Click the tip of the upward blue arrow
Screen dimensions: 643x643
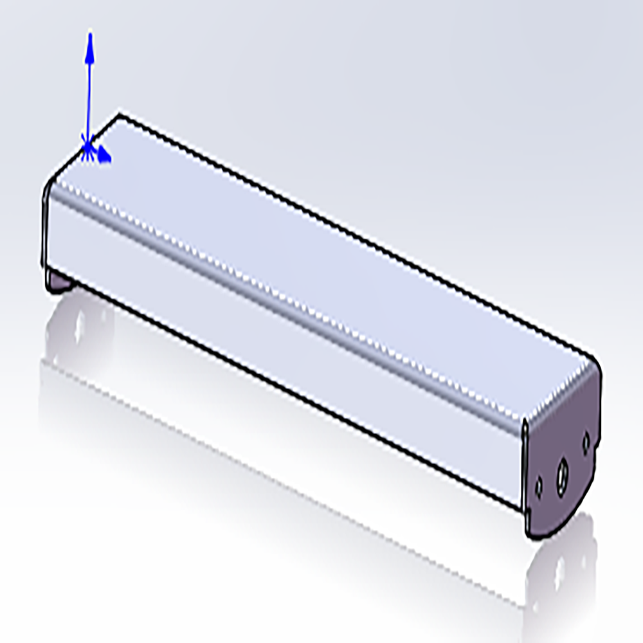[x=90, y=33]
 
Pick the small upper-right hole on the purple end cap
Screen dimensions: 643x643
[x=586, y=442]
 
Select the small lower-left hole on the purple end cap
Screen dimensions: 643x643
[x=539, y=487]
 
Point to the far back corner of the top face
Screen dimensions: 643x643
[x=119, y=116]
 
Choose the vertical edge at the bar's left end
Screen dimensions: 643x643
[x=44, y=231]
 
